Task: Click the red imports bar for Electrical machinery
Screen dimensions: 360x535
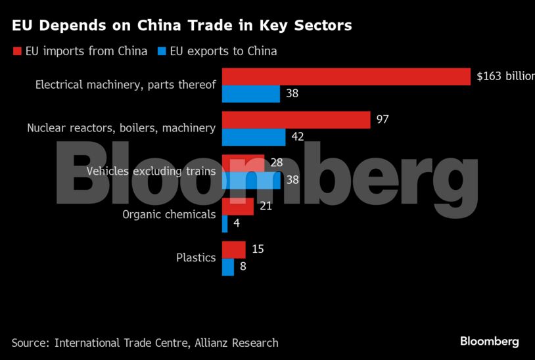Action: (346, 76)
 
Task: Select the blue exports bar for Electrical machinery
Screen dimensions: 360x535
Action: (251, 94)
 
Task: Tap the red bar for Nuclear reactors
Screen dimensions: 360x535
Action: (296, 120)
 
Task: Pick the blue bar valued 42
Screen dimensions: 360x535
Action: (254, 137)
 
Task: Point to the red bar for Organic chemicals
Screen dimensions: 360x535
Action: (238, 206)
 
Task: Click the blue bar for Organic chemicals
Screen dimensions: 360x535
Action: (225, 224)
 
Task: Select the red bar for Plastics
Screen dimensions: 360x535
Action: (234, 250)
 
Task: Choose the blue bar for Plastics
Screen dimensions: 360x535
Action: (228, 267)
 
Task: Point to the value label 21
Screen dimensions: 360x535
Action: (266, 206)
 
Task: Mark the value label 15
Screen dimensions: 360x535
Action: (258, 250)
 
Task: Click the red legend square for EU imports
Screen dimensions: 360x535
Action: (16, 51)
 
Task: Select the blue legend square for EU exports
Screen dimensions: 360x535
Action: (160, 51)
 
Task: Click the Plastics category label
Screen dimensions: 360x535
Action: (196, 258)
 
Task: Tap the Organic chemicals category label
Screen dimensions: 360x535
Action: (169, 214)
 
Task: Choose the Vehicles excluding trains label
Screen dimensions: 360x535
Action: (151, 171)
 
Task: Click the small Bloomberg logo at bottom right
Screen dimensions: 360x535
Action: (489, 342)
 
